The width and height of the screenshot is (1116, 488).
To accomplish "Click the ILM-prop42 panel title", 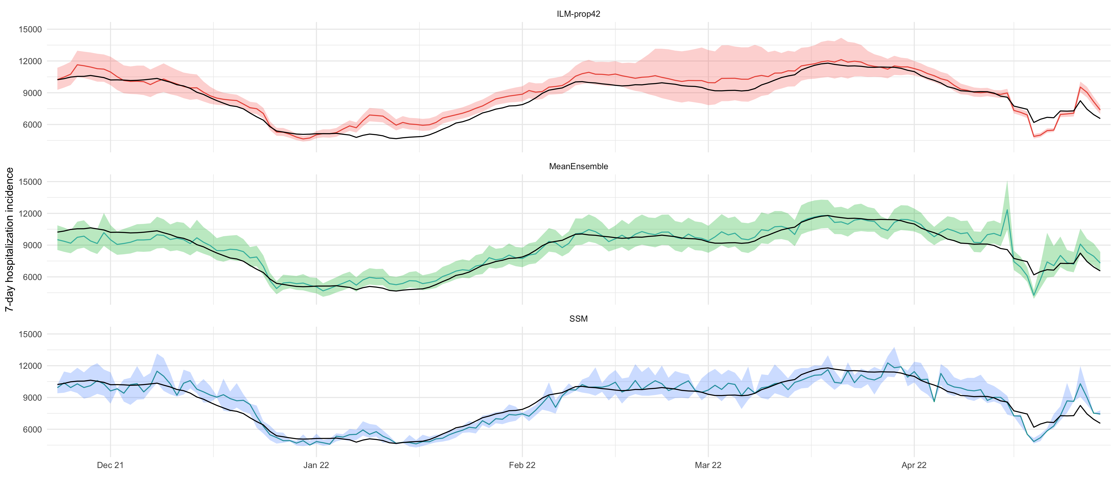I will [x=578, y=14].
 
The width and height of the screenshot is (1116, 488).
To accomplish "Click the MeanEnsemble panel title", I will [x=578, y=166].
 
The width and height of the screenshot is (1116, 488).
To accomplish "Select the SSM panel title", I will [x=578, y=319].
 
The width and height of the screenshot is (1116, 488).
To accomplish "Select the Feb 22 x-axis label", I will [x=522, y=465].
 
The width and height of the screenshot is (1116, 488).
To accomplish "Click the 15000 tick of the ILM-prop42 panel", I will [x=30, y=30].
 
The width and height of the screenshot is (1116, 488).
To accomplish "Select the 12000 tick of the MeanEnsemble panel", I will [x=30, y=214].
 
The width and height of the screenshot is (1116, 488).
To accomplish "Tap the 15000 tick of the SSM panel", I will [x=30, y=334].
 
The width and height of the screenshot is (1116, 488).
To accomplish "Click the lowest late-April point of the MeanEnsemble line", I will [x=1034, y=296].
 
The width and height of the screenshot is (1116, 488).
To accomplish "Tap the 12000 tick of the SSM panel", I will [x=30, y=366].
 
